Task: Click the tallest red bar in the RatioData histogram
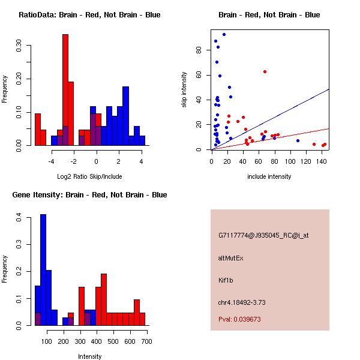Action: point(65,90)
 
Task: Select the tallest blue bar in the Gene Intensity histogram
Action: point(43,270)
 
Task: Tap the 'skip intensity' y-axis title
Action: point(185,90)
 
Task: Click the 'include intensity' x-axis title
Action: point(270,176)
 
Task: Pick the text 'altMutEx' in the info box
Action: point(230,258)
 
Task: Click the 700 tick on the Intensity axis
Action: point(146,341)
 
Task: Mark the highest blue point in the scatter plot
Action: point(224,34)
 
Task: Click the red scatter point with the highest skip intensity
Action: point(265,71)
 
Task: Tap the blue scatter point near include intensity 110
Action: point(298,140)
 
